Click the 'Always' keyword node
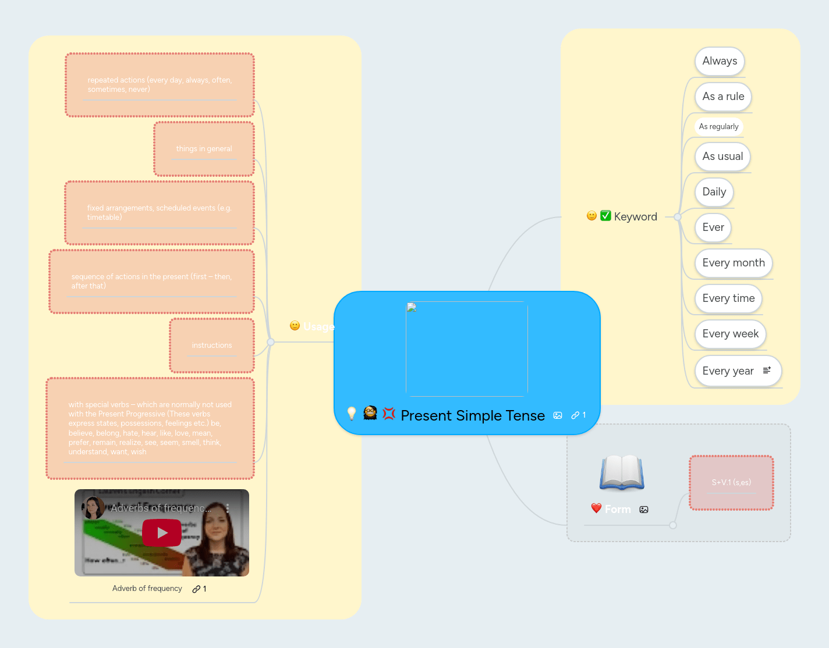click(x=720, y=61)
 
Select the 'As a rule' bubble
click(x=723, y=97)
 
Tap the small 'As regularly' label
click(x=718, y=127)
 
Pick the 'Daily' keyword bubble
click(x=714, y=192)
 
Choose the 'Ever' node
click(x=713, y=227)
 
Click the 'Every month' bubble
click(x=733, y=263)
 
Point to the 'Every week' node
click(x=730, y=334)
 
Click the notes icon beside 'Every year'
click(x=767, y=371)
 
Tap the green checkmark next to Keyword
click(x=605, y=216)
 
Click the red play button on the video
click(x=162, y=533)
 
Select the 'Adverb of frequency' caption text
click(x=147, y=589)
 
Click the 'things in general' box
click(x=204, y=149)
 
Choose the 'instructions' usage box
click(x=212, y=346)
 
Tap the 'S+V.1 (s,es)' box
click(x=731, y=483)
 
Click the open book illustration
click(x=622, y=472)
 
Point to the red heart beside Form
click(x=596, y=508)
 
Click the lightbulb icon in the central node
click(x=352, y=414)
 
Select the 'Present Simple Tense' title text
click(x=473, y=416)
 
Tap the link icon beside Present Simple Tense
click(x=575, y=415)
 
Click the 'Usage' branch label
click(x=318, y=326)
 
